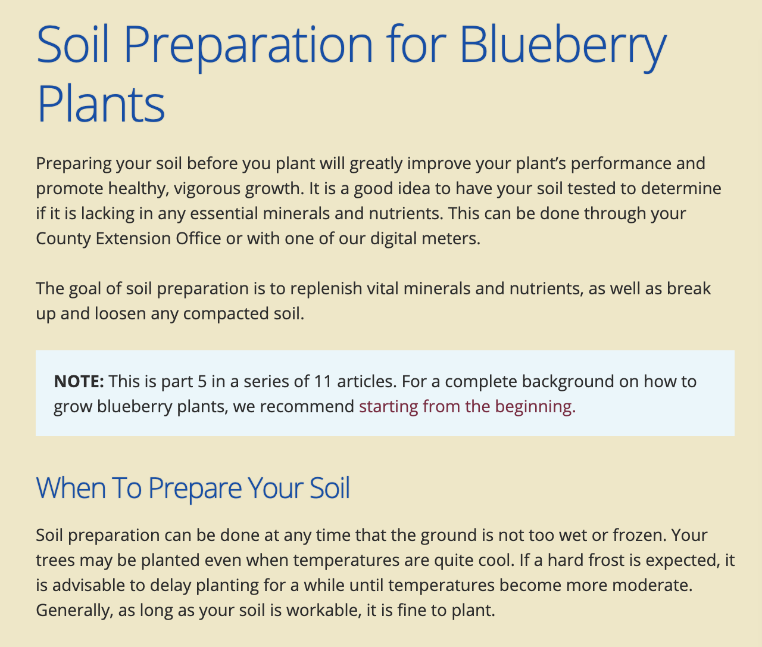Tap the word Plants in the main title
pyautogui.click(x=101, y=105)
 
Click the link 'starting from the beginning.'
pyautogui.click(x=467, y=406)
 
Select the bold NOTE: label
pyautogui.click(x=79, y=381)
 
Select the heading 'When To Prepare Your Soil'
pyautogui.click(x=193, y=487)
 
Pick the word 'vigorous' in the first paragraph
pyautogui.click(x=205, y=188)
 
